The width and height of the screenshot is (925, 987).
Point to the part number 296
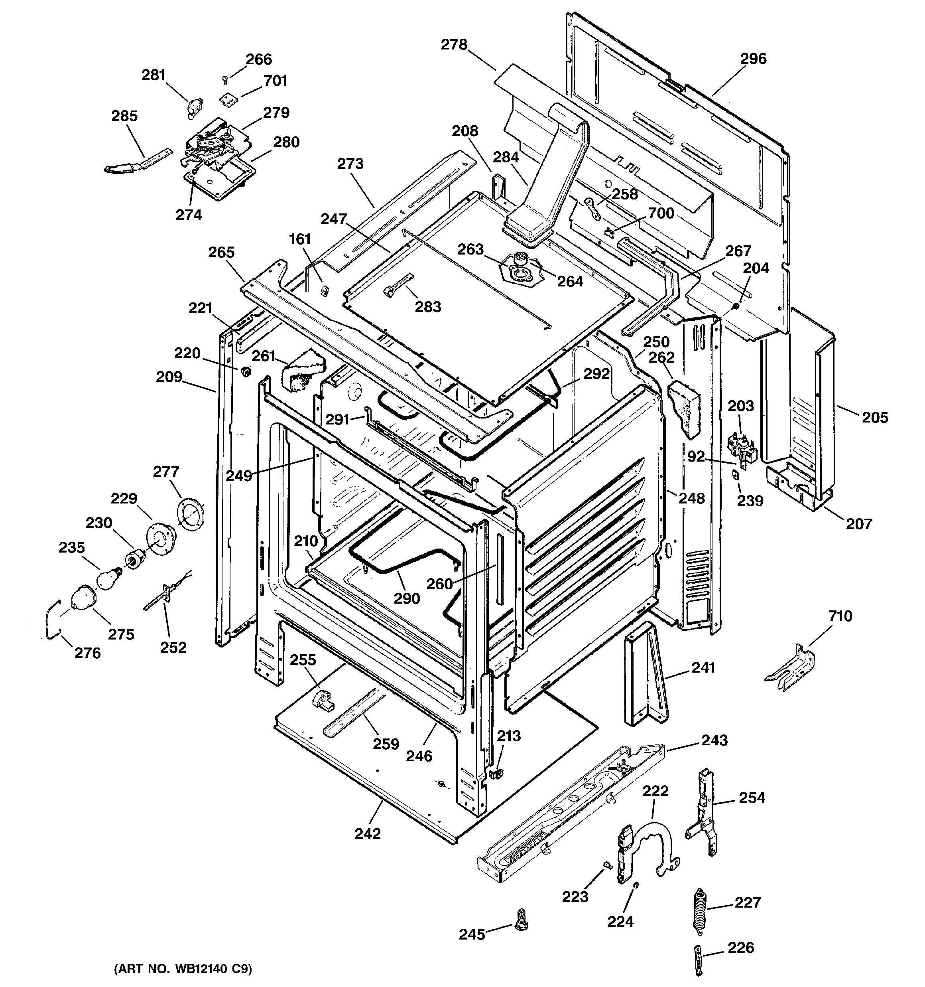753,59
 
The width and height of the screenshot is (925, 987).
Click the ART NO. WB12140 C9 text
183,969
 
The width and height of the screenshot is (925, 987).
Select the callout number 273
350,164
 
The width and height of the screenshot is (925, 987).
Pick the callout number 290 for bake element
407,598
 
